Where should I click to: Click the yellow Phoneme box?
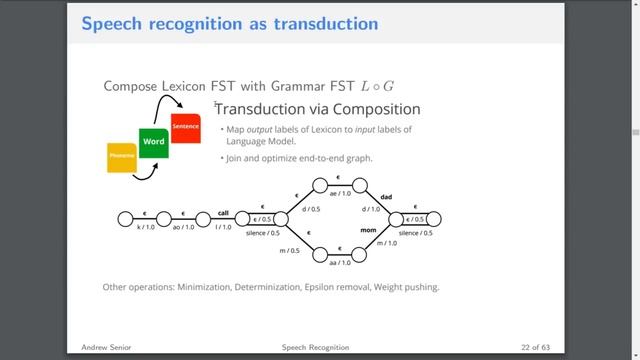coord(121,157)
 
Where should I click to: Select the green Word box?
coord(153,143)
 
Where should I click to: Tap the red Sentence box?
coord(185,128)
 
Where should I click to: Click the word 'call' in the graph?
coord(224,212)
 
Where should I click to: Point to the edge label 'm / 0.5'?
coord(289,250)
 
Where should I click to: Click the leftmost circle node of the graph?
coord(125,219)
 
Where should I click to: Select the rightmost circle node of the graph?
coord(433,219)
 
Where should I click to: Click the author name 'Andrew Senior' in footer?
coord(106,347)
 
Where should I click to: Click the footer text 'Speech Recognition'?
coord(316,347)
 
